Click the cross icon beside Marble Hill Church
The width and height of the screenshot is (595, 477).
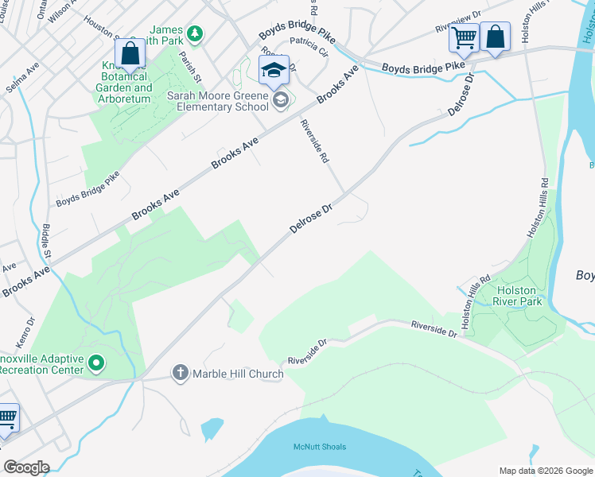click(181, 372)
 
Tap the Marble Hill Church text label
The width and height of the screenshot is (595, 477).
click(237, 374)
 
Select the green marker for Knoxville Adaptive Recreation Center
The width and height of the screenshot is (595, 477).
click(97, 363)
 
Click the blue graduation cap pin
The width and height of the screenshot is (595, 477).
click(274, 70)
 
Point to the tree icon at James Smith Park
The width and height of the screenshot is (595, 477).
click(194, 34)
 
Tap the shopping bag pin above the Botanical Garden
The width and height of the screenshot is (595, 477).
click(130, 54)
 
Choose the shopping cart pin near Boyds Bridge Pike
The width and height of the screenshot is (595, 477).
click(464, 37)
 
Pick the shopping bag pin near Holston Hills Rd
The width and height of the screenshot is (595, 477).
click(495, 37)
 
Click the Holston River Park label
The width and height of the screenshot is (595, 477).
click(517, 297)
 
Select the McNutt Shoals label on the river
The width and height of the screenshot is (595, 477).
click(320, 447)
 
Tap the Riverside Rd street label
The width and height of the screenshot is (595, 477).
click(314, 142)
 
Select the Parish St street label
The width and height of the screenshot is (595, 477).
click(189, 68)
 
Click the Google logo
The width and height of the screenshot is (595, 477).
click(26, 467)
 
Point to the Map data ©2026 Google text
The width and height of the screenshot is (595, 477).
click(545, 471)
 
